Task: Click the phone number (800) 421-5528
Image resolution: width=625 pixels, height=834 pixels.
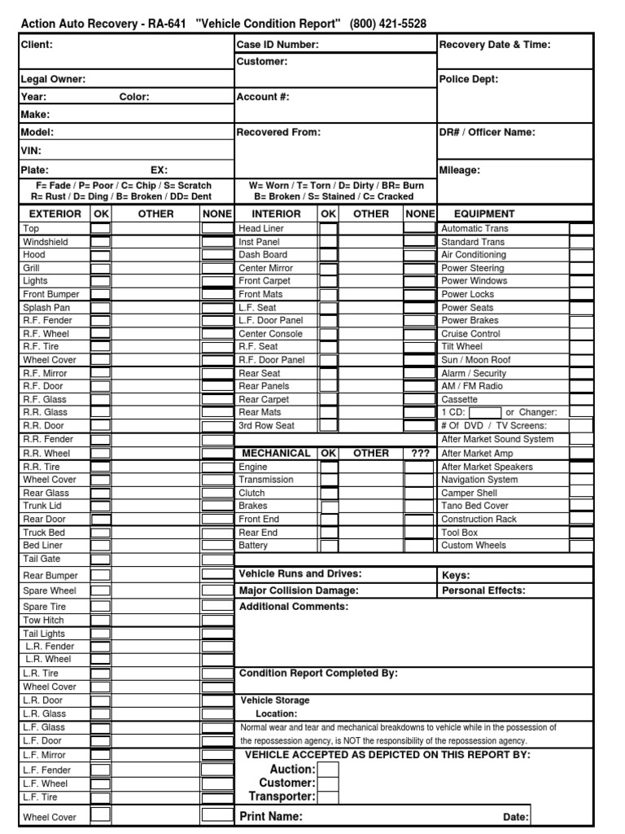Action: pos(388,24)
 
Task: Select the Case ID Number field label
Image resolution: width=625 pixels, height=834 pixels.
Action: pos(278,45)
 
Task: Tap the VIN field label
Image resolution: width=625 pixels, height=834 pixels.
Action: pos(31,151)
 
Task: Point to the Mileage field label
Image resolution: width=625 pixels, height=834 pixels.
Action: pos(460,170)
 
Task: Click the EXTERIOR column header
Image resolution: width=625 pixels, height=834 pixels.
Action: pos(55,213)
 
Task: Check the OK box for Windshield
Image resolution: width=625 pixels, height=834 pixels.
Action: pos(100,242)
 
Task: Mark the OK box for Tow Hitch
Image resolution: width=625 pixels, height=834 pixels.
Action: pos(100,620)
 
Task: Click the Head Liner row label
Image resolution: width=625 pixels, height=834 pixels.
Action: pos(261,229)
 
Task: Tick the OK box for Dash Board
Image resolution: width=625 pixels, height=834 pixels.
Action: pos(328,255)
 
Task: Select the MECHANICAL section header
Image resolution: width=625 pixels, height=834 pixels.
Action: pos(275,453)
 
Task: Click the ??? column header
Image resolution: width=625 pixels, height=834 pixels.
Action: pos(420,453)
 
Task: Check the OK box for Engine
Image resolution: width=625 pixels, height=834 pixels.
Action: pos(328,467)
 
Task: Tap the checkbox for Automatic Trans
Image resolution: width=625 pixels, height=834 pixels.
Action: pos(580,229)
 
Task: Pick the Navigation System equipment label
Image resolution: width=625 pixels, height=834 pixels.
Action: pos(479,480)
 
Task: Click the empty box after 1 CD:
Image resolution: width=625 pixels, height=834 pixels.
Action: pos(485,413)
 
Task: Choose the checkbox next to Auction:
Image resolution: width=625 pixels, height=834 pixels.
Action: pos(328,769)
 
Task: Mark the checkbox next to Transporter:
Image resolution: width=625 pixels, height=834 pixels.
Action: pos(328,797)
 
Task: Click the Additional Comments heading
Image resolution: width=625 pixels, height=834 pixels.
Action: pos(294,607)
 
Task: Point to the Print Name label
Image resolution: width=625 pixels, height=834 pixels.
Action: pos(272,816)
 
